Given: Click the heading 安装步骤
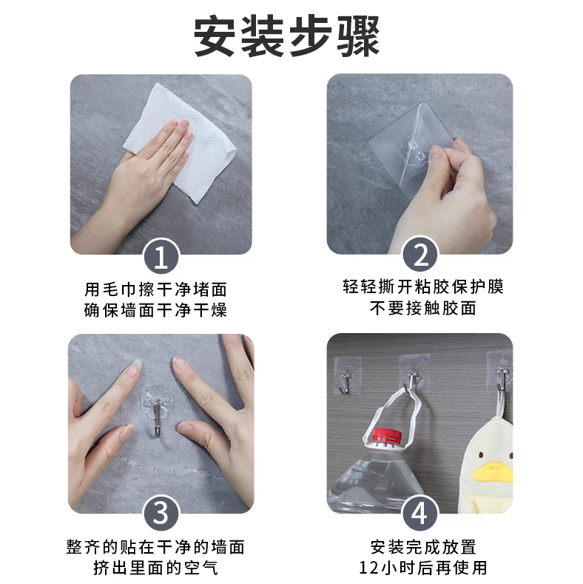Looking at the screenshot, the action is click(286, 36).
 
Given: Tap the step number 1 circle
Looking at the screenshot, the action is click(161, 257).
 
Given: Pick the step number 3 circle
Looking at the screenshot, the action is click(161, 514).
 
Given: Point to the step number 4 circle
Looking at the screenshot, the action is click(420, 514).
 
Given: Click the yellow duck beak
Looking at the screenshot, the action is click(492, 471).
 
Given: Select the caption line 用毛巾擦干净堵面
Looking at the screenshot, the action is click(155, 289).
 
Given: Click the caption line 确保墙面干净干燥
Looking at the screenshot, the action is click(155, 310).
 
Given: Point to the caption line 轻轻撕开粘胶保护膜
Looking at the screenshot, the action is click(423, 286).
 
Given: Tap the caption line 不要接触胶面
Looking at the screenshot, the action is click(423, 308).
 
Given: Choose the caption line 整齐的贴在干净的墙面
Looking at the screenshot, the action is click(155, 547).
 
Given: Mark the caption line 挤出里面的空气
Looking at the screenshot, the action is click(155, 568).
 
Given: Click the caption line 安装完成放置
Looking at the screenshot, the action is click(423, 547).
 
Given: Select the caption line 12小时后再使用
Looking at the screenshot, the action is click(423, 568).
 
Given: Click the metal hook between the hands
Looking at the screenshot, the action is click(158, 417).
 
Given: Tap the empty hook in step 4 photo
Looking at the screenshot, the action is click(346, 382).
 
